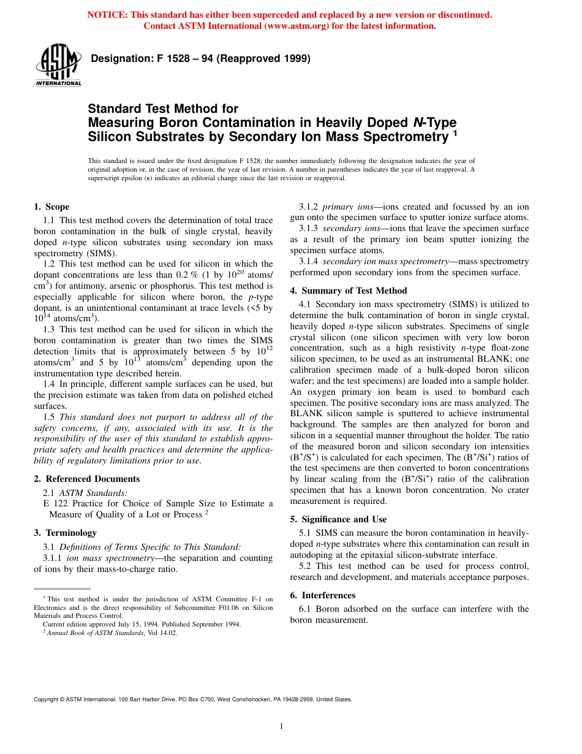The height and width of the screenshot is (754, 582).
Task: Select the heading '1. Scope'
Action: click(x=51, y=207)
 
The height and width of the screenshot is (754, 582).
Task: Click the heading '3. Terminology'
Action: click(x=65, y=533)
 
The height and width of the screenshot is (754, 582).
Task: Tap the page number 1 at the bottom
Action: click(x=281, y=726)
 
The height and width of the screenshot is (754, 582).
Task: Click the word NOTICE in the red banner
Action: click(x=108, y=15)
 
